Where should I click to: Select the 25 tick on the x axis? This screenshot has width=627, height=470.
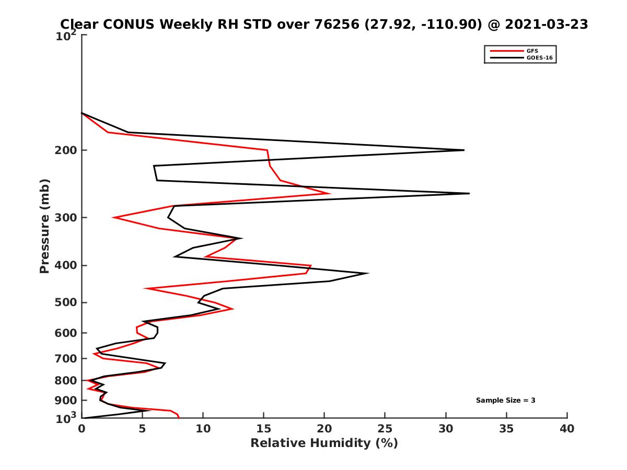(x=385, y=429)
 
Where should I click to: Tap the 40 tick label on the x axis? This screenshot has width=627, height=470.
(x=567, y=429)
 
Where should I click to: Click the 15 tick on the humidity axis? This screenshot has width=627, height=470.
(x=263, y=429)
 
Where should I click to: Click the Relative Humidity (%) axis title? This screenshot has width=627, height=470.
(x=324, y=443)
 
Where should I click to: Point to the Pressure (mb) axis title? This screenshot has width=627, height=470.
(x=44, y=226)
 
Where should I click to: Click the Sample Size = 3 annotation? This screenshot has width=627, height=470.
(x=505, y=401)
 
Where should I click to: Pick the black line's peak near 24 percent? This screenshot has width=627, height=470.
(x=368, y=273)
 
